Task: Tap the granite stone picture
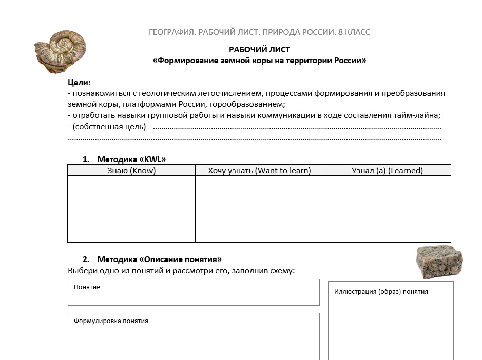point(439,261)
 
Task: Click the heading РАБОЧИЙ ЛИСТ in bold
point(259,50)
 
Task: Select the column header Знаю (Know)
point(131,171)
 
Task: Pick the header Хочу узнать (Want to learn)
point(259,171)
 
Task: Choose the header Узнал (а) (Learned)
point(387,171)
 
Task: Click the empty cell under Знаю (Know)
point(131,209)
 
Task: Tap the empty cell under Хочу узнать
point(259,209)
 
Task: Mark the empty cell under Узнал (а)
point(387,209)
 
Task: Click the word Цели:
point(79,82)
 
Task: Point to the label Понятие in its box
point(87,287)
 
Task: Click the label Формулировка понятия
point(111,321)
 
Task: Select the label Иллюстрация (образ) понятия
point(381,292)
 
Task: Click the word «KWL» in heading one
point(152,159)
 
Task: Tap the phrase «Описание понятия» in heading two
point(181,259)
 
